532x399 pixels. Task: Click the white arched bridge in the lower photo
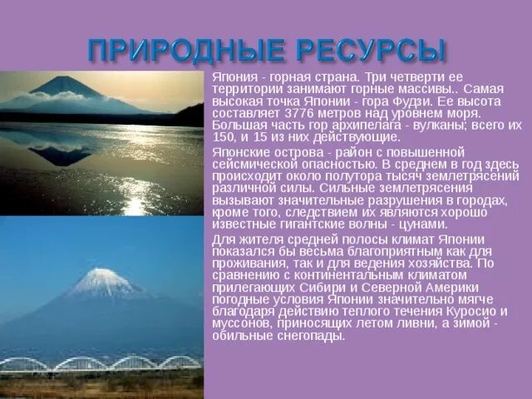pos(100,362)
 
